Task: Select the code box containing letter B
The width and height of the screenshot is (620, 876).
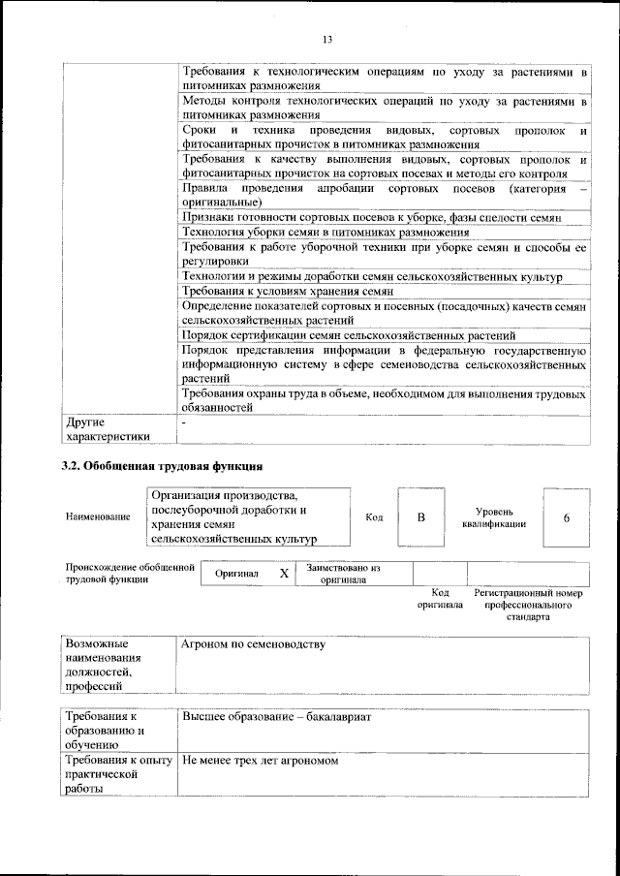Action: (421, 516)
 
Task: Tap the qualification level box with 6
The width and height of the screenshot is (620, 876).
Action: (566, 516)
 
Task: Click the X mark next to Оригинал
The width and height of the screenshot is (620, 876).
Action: (284, 574)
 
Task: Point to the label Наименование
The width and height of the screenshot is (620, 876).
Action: (98, 517)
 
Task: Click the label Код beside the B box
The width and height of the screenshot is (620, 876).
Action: (373, 517)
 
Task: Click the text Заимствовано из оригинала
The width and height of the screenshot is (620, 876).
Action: (343, 574)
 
